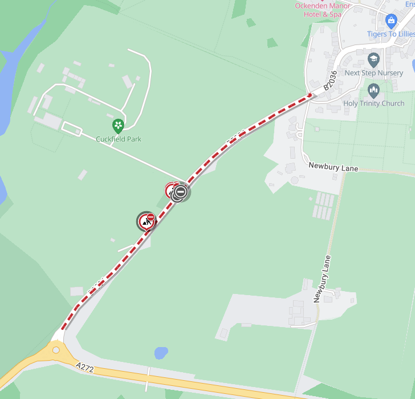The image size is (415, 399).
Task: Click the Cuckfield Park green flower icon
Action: pos(118,125)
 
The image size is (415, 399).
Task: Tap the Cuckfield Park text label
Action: pos(119,139)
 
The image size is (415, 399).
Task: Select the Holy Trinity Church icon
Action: pos(373,90)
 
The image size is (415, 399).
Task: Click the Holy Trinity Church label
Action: pos(373,103)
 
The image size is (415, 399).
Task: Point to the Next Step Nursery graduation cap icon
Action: pos(373,59)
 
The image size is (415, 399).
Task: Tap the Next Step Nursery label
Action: pos(373,73)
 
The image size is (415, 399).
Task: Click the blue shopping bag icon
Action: pos(391,21)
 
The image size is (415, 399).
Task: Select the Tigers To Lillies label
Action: pos(390,34)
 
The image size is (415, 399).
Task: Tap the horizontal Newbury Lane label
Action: pos(333,167)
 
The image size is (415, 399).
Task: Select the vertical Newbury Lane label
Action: pos(322,279)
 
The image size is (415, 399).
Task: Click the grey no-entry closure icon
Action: pos(181,192)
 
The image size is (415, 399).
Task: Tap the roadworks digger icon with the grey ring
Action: pos(145,222)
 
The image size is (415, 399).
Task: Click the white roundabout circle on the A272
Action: pos(56,350)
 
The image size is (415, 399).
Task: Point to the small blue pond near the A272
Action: pos(161,353)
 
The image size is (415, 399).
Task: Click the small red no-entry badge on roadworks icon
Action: pos(151,216)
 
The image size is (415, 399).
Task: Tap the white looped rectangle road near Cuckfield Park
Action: pos(71,128)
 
